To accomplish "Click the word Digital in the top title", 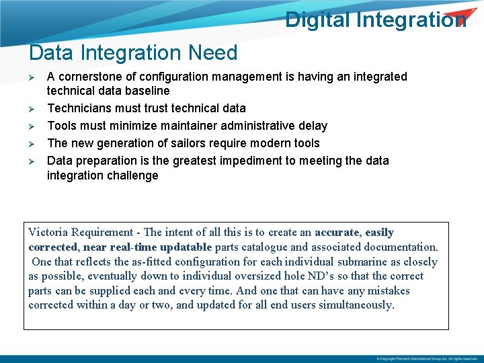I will (317, 19).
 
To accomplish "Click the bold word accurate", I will (337, 233).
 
